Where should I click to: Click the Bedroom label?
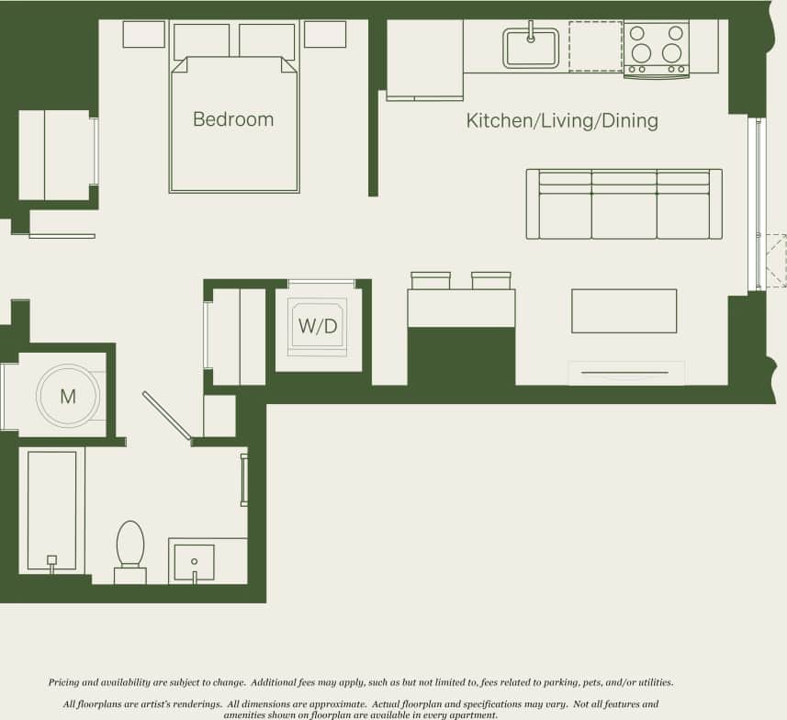[x=233, y=119]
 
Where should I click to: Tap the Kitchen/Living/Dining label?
[x=562, y=121]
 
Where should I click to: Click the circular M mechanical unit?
[x=67, y=397]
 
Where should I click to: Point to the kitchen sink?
[x=531, y=48]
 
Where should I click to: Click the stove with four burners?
[x=657, y=48]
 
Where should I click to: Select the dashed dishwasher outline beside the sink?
[x=595, y=46]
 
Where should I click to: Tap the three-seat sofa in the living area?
[x=624, y=204]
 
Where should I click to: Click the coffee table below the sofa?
[x=624, y=311]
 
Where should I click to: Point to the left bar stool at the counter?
[x=431, y=280]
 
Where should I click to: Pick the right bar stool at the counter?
[x=490, y=280]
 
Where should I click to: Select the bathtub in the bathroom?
[x=51, y=510]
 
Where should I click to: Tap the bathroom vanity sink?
[x=195, y=562]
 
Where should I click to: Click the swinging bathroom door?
[x=166, y=416]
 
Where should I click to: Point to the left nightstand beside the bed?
[x=144, y=34]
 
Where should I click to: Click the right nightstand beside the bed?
[x=324, y=34]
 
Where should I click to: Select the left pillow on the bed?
[x=201, y=41]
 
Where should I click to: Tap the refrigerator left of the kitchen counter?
[x=424, y=59]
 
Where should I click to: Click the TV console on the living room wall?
[x=626, y=373]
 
